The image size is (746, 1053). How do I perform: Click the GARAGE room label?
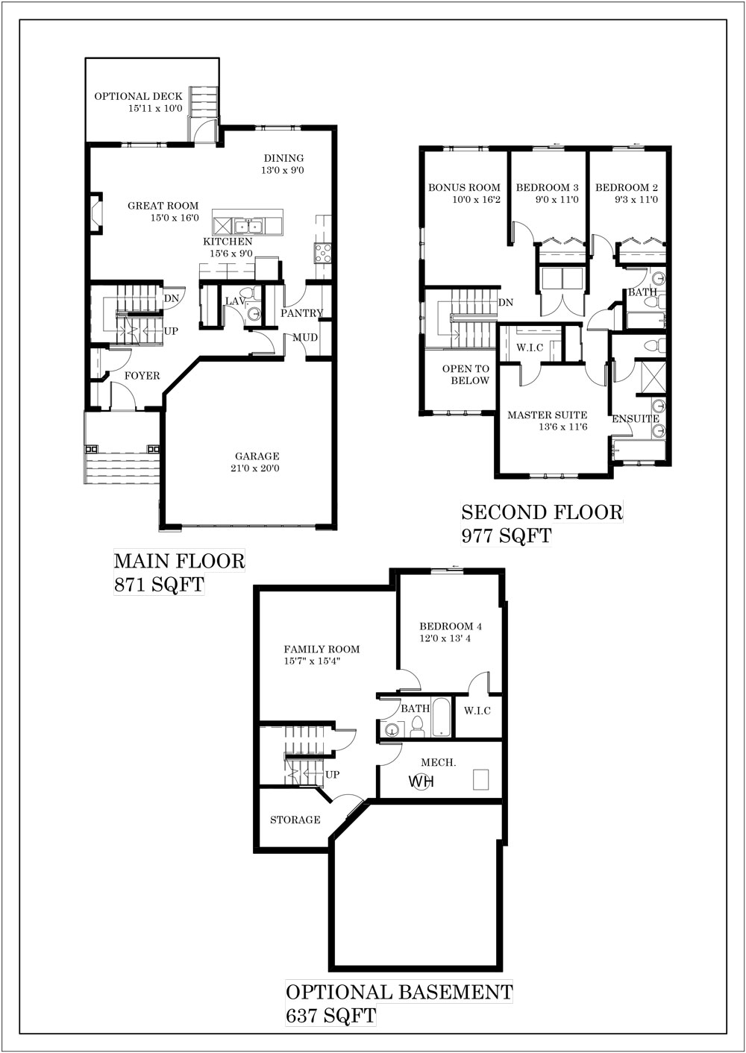pos(257,456)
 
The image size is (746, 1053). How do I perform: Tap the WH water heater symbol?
pos(421,782)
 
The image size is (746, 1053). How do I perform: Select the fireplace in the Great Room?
pos(96,213)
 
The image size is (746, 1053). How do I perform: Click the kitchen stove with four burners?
pos(323,253)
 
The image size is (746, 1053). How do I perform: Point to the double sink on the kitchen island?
pos(249,226)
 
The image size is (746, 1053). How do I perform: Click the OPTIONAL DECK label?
pos(138,96)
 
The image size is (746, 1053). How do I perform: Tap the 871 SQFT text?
pos(159,585)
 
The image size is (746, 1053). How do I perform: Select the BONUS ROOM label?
pos(464,188)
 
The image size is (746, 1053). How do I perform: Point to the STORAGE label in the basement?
pos(295,820)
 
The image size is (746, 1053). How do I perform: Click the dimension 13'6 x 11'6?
pos(563,427)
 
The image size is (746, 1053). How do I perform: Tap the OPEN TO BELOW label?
pos(466,374)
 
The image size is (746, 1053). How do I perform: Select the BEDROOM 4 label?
pos(451,626)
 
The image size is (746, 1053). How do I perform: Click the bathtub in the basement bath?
pos(441,717)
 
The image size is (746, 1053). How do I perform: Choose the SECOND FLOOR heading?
pos(542,512)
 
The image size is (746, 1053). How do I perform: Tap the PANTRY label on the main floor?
pos(301,313)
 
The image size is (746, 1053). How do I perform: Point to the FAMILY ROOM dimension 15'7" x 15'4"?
pos(312,661)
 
